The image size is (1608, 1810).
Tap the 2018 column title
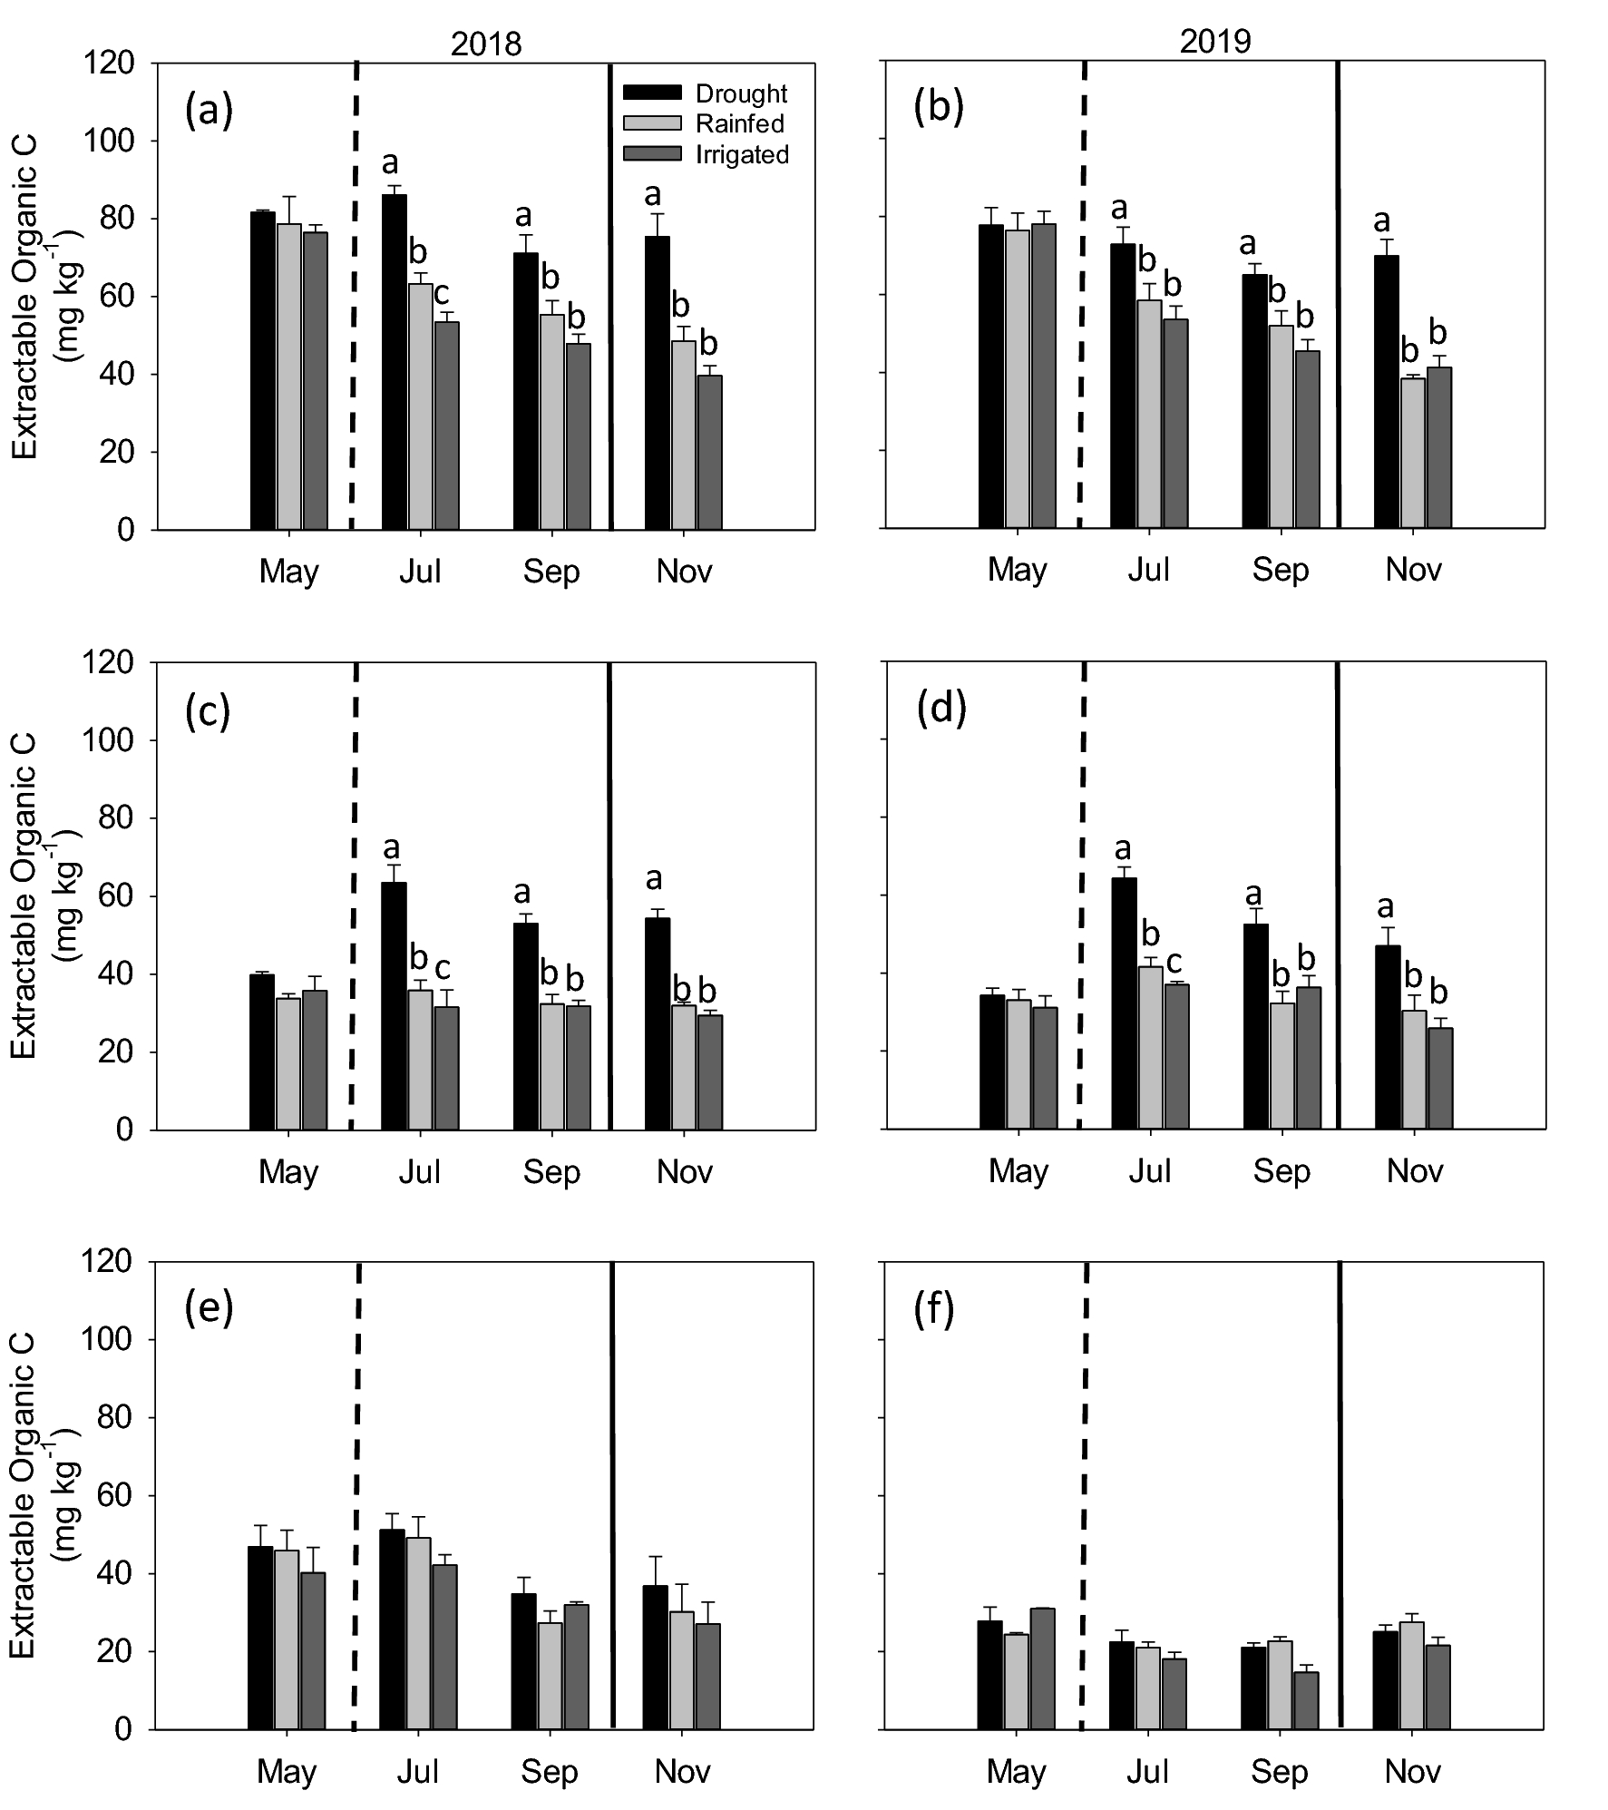tap(486, 44)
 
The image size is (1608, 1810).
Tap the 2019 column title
tap(1214, 42)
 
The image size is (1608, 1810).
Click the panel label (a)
tap(209, 111)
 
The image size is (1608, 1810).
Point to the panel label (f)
tap(935, 1311)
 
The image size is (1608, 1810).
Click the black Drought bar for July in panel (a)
tap(394, 363)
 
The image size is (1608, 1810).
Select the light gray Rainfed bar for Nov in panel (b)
tap(1413, 454)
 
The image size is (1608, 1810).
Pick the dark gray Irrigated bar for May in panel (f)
tap(1042, 1668)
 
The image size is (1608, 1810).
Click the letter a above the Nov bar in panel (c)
tap(653, 878)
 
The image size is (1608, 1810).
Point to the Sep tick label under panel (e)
tap(550, 1771)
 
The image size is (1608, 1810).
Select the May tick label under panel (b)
tap(1017, 571)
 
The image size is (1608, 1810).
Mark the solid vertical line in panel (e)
tap(613, 1497)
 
